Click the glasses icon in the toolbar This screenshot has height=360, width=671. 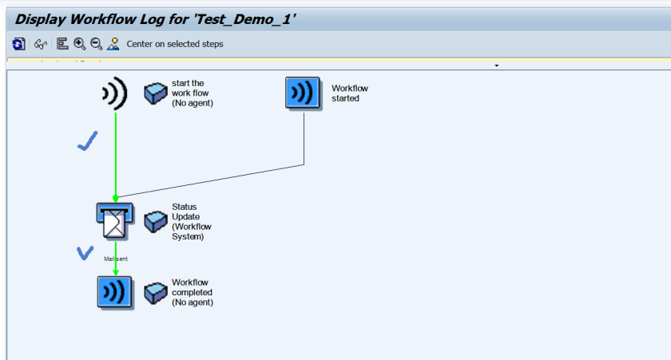pyautogui.click(x=40, y=44)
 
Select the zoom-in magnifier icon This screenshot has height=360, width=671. pyautogui.click(x=79, y=44)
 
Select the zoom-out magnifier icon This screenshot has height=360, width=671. pyautogui.click(x=96, y=44)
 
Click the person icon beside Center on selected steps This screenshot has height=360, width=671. pyautogui.click(x=113, y=44)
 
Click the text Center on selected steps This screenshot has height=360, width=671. pyautogui.click(x=175, y=44)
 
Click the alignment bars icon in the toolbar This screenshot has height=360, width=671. pyautogui.click(x=62, y=44)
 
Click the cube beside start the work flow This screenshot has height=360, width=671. pyautogui.click(x=155, y=93)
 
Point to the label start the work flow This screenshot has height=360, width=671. pyautogui.click(x=193, y=93)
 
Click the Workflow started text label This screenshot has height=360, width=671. pyautogui.click(x=350, y=93)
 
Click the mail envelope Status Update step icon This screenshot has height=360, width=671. pyautogui.click(x=113, y=220)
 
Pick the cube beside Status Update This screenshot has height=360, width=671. pyautogui.click(x=155, y=221)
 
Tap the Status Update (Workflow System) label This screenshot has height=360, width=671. pyautogui.click(x=192, y=221)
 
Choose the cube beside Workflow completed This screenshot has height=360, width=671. pyautogui.click(x=155, y=293)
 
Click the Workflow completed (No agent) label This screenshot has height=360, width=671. pyautogui.click(x=193, y=292)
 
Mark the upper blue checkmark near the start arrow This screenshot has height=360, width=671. pyautogui.click(x=87, y=142)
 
